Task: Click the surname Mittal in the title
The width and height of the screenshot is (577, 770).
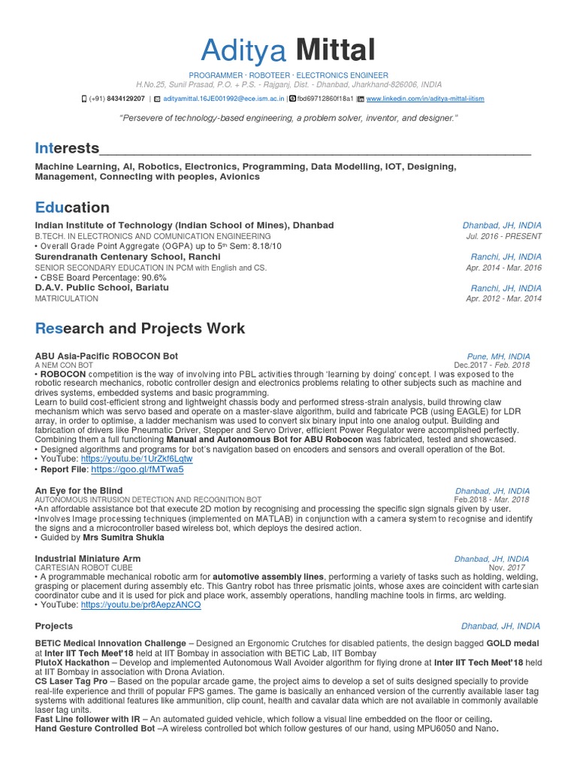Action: [x=335, y=50]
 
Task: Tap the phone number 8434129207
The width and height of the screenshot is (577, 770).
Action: [x=125, y=99]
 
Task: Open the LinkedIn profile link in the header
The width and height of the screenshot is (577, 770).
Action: [x=430, y=99]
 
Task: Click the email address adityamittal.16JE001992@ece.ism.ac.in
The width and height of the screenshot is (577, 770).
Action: [x=223, y=99]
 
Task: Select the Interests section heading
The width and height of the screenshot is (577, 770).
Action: [x=67, y=147]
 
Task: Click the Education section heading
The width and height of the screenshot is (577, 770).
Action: [x=72, y=208]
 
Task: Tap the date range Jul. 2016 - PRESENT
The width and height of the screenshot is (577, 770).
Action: [x=503, y=236]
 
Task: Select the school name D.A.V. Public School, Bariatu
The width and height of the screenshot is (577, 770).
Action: [x=102, y=288]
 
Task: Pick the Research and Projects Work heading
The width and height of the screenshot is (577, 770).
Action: [x=140, y=329]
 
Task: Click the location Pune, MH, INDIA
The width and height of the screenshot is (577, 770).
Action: [x=498, y=356]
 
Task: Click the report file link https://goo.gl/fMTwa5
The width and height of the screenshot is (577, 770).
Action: [x=137, y=469]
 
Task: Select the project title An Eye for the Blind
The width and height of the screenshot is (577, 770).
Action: [x=79, y=490]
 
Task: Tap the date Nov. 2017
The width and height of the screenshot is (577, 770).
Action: [x=509, y=568]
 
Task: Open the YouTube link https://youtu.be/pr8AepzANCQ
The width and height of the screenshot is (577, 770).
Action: [x=140, y=605]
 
